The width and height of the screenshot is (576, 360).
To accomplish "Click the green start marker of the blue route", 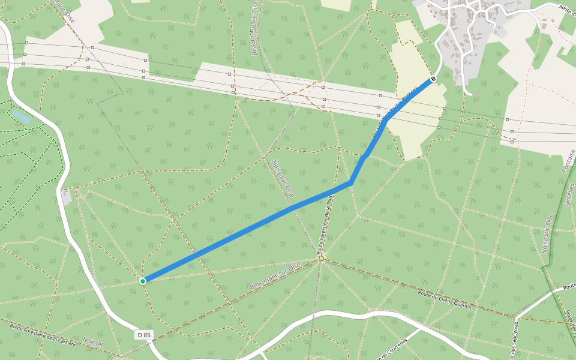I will (143, 281).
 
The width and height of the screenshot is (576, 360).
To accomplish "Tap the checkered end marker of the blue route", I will (433, 79).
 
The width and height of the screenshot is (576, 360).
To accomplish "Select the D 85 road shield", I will (143, 335).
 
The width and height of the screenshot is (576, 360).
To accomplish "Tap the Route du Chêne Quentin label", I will (444, 300).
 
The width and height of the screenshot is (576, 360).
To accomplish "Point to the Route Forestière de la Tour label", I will (328, 231).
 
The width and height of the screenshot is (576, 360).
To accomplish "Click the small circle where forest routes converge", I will (321, 259).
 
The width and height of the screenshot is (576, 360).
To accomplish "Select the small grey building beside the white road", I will (67, 197).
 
